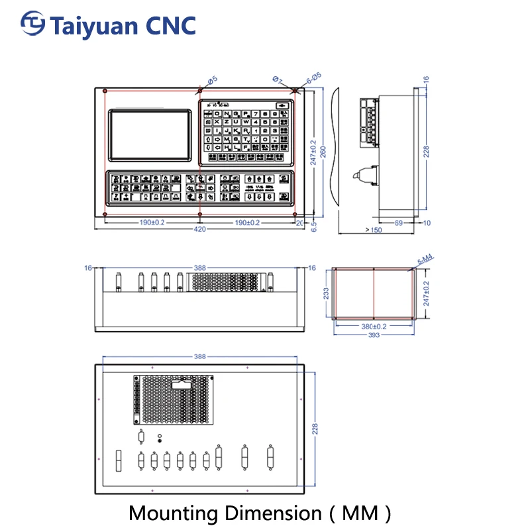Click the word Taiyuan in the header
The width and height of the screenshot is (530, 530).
(x=93, y=25)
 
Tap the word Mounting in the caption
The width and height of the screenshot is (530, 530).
(x=174, y=512)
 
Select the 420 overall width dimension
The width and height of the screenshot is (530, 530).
(x=199, y=230)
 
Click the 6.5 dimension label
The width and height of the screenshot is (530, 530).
(x=314, y=226)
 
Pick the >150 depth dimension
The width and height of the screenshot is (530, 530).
(x=374, y=230)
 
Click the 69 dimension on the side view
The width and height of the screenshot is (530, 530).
(x=399, y=223)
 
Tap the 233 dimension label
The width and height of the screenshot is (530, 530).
(x=325, y=293)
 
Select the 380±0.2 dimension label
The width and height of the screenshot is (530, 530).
(x=374, y=327)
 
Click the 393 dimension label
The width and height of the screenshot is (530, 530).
(x=374, y=335)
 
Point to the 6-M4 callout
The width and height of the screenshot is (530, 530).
(x=425, y=260)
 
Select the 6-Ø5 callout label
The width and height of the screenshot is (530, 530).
(x=313, y=77)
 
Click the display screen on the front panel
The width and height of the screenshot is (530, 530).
(x=151, y=134)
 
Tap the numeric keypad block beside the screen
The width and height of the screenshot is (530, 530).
(x=247, y=132)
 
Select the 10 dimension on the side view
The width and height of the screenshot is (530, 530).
(x=426, y=223)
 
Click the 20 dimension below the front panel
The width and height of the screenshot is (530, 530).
(x=299, y=223)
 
